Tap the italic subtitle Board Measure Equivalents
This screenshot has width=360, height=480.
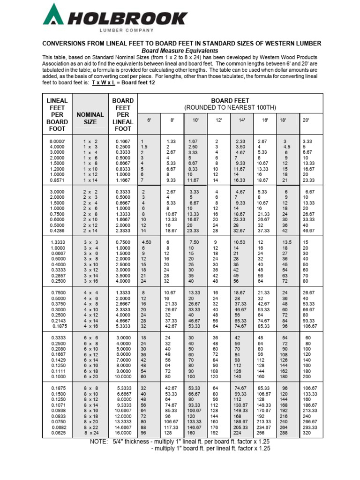pyautogui.click(x=180, y=51)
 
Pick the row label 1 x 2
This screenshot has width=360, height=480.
pyautogui.click(x=90, y=141)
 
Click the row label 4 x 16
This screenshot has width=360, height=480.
pyautogui.click(x=90, y=326)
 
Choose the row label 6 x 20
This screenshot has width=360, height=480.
pyautogui.click(x=90, y=376)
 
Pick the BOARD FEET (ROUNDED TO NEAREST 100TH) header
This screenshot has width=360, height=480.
pyautogui.click(x=230, y=104)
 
